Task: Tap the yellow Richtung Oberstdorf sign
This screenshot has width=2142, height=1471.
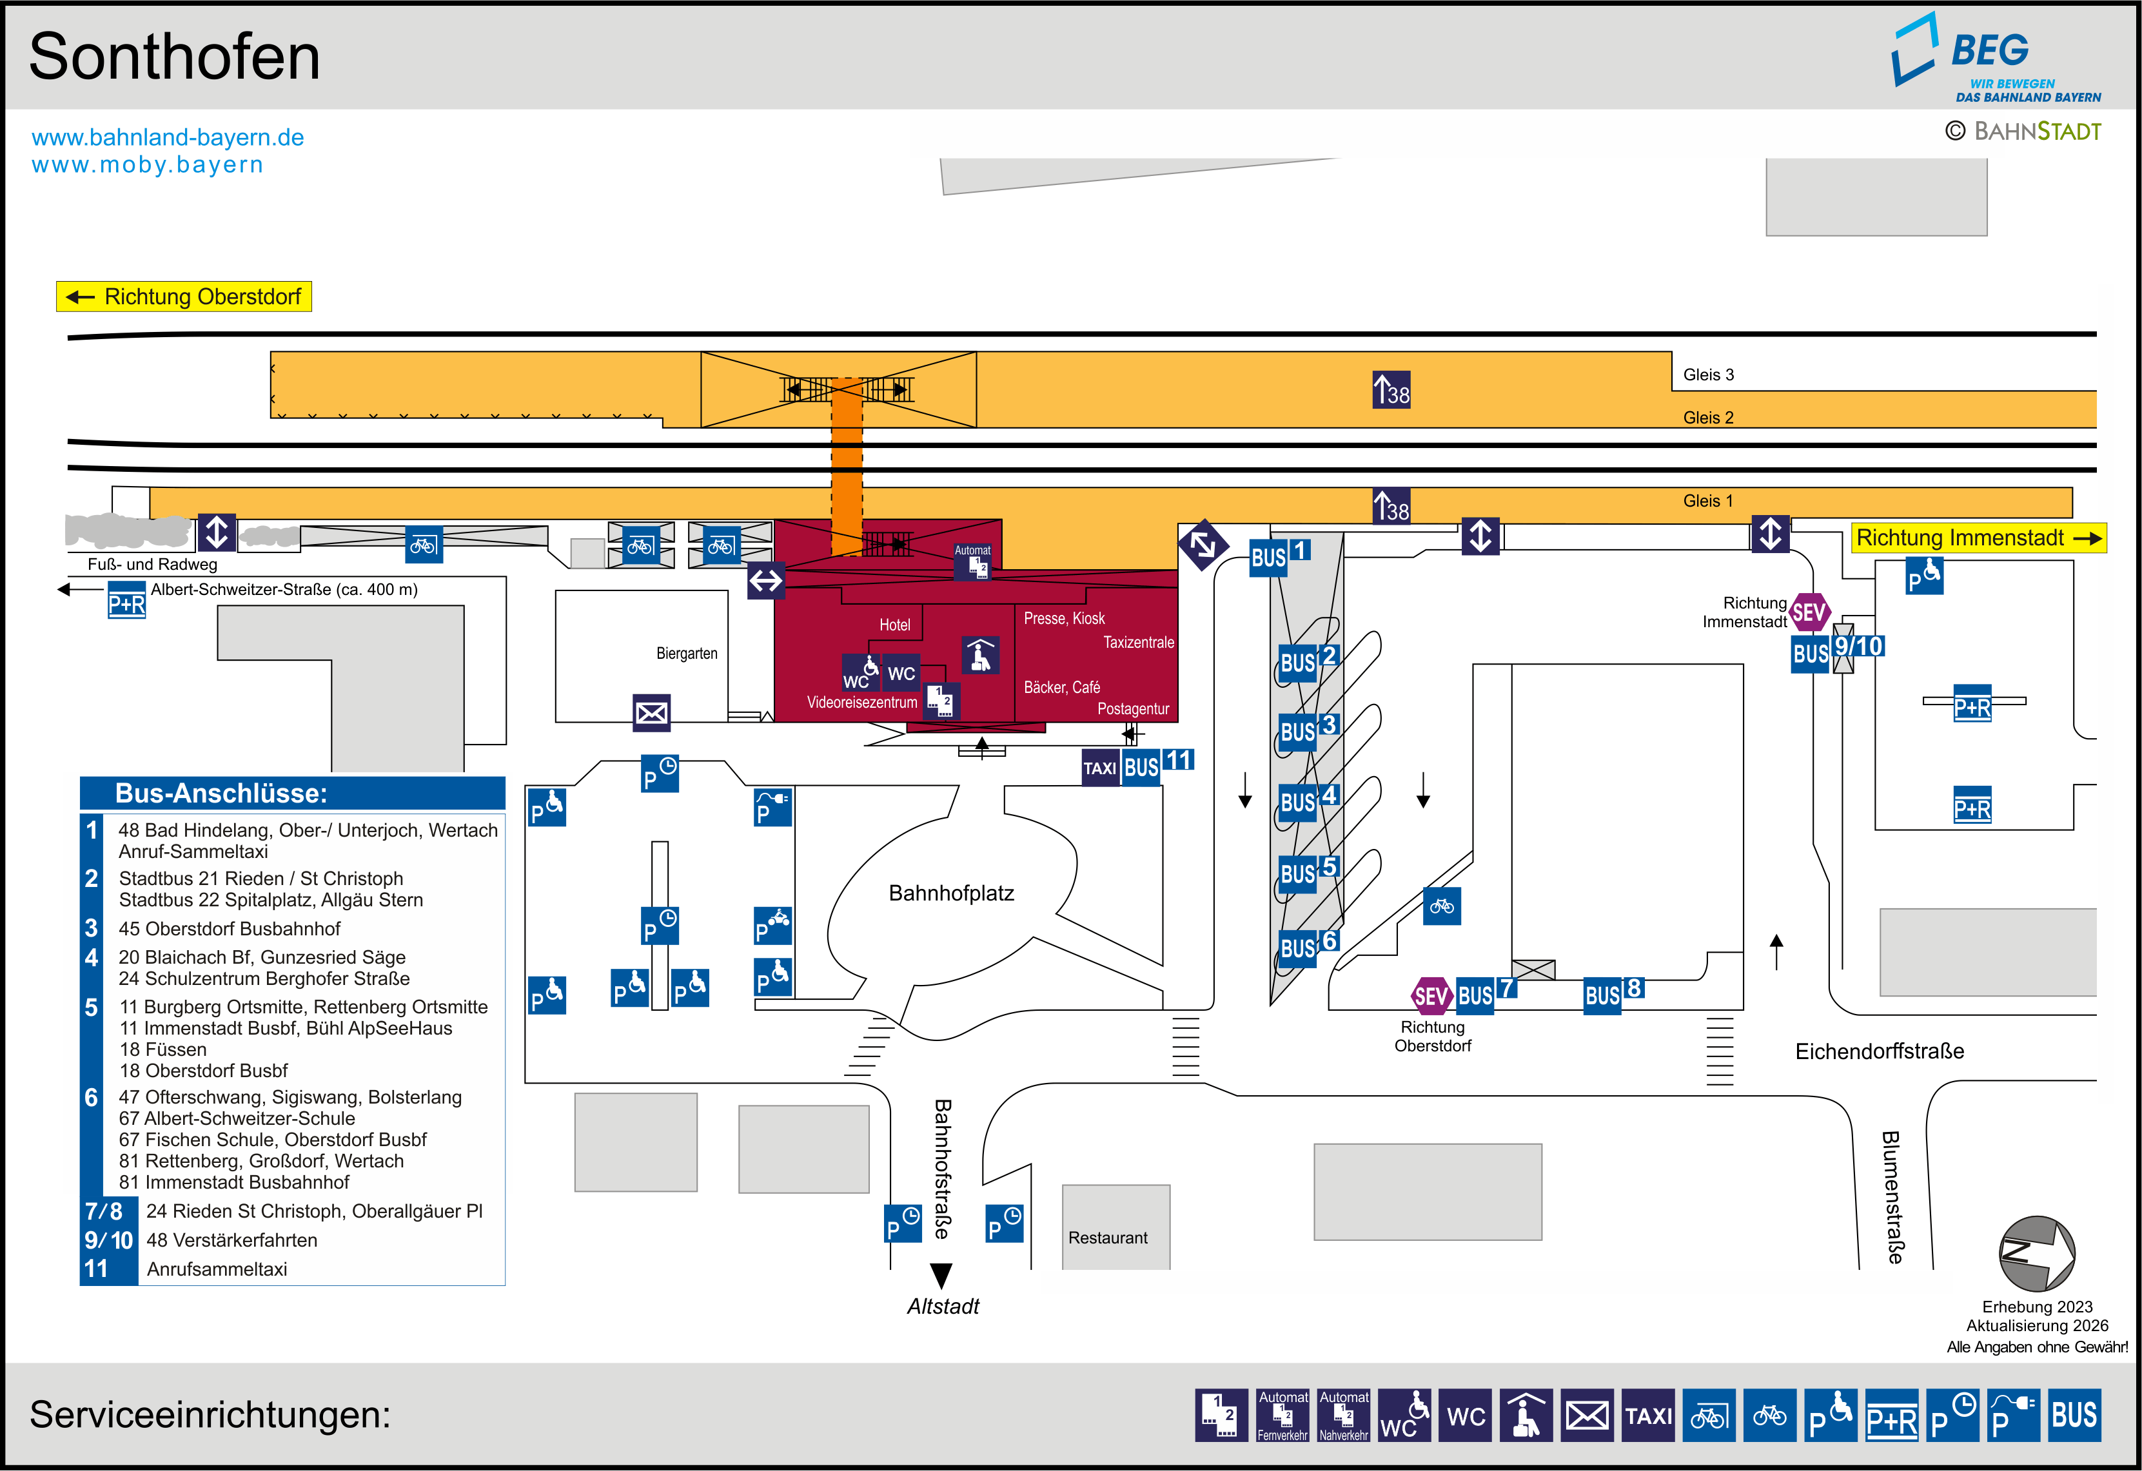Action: click(184, 297)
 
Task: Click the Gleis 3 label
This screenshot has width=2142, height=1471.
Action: click(1708, 375)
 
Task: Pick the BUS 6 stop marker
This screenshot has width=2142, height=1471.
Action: click(1307, 946)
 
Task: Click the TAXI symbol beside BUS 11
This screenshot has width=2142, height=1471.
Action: click(1099, 768)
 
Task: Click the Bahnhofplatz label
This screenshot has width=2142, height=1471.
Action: click(951, 893)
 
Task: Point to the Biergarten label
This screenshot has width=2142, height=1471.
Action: click(687, 654)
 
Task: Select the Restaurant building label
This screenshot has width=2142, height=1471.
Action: click(1108, 1238)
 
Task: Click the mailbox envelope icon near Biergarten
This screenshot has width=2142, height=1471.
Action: click(652, 712)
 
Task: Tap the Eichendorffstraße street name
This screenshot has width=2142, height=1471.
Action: click(1880, 1051)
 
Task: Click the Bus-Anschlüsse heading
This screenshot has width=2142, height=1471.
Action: click(221, 794)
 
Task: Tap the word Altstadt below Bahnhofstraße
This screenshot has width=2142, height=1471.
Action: click(943, 1306)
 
